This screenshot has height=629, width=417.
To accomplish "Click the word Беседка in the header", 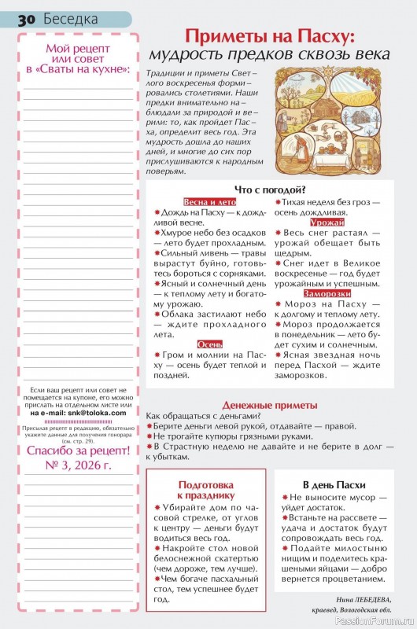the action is coord(71,17).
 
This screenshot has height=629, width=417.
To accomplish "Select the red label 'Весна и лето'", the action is coord(208,201).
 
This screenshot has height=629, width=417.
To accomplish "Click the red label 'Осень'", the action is coord(208,344).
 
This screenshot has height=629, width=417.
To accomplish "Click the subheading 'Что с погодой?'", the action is coord(270,189).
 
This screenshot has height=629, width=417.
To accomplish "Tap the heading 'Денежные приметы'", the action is coord(270,404).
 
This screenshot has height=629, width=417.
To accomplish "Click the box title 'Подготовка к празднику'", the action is coord(206,489).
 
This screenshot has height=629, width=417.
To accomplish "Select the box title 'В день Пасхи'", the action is coord(334,484).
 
